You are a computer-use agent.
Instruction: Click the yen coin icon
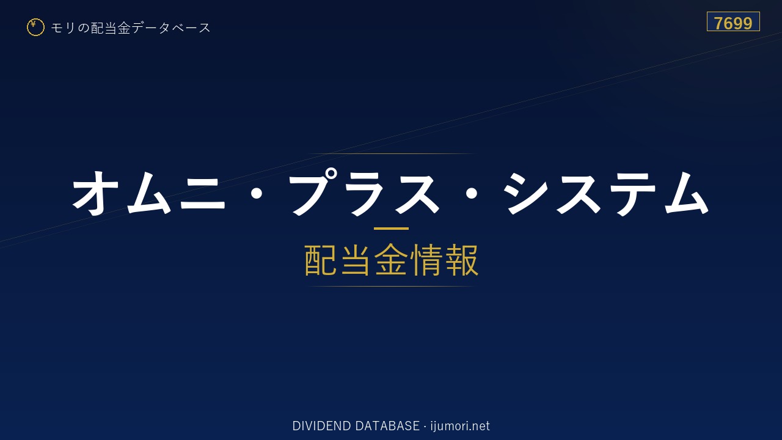35,28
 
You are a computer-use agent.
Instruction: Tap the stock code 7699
733,23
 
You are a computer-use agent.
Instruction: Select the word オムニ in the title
148,193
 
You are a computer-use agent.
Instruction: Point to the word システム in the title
607,193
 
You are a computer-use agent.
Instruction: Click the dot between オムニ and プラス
257,194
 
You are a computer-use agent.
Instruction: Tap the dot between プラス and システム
472,194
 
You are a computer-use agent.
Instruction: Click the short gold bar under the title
391,229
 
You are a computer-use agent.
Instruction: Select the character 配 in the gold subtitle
321,260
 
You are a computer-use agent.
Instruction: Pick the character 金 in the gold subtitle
391,260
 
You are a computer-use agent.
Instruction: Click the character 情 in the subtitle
426,260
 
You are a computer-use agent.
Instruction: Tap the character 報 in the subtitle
461,260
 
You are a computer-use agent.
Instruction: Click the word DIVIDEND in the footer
321,426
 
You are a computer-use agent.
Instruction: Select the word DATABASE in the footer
387,426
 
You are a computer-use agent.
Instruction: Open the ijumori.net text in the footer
460,427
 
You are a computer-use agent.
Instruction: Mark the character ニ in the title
202,193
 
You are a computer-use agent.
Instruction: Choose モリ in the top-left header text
63,28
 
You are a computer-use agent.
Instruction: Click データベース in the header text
171,28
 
